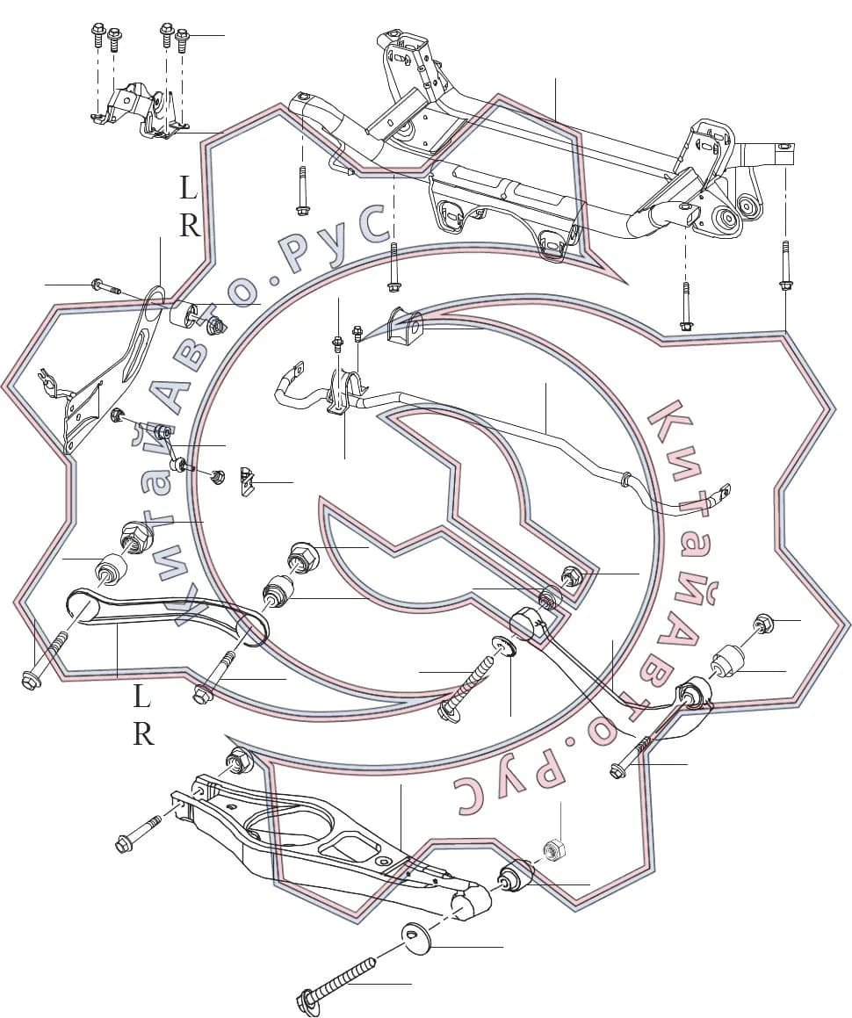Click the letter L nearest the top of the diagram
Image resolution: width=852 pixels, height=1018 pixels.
[x=188, y=190]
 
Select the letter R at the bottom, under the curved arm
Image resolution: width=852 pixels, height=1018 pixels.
[x=143, y=733]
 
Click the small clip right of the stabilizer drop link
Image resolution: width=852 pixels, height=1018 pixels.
[x=247, y=481]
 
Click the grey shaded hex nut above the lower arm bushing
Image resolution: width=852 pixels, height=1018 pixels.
[x=552, y=848]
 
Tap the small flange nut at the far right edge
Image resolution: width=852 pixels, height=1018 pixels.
[x=761, y=622]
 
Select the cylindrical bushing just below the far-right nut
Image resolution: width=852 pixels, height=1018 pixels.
[x=728, y=661]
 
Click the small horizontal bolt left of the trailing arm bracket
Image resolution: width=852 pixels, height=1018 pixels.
[x=106, y=286]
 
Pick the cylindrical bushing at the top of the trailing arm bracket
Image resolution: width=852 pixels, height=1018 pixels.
[x=183, y=314]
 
